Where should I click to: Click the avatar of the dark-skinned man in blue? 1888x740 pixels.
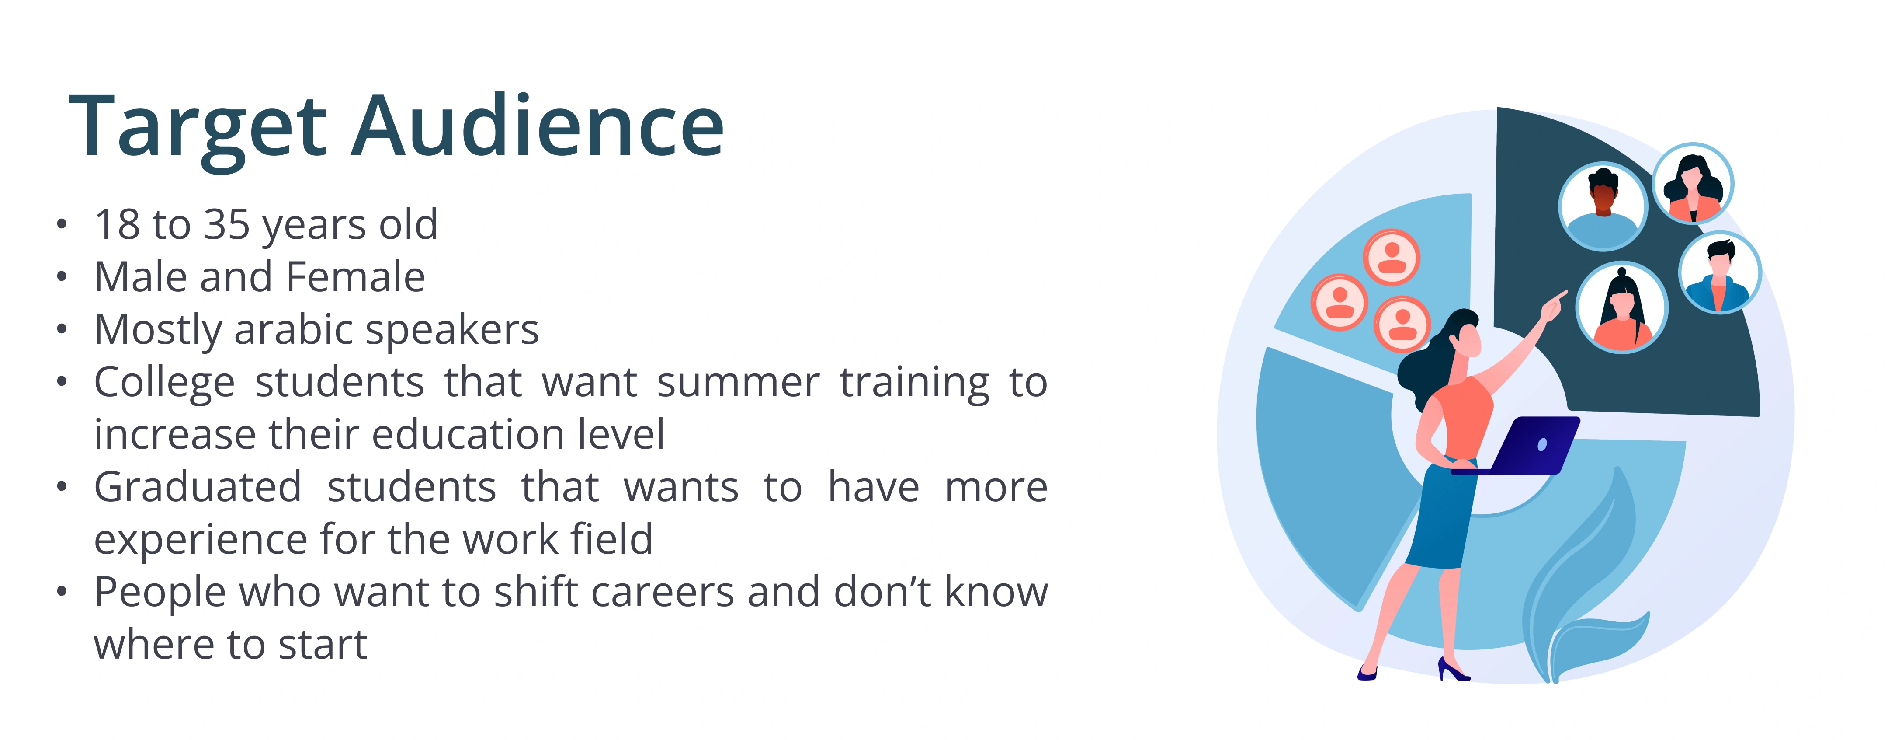coord(1603,206)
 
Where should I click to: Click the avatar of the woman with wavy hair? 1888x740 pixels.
coord(1692,183)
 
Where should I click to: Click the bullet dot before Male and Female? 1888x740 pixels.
coord(62,276)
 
